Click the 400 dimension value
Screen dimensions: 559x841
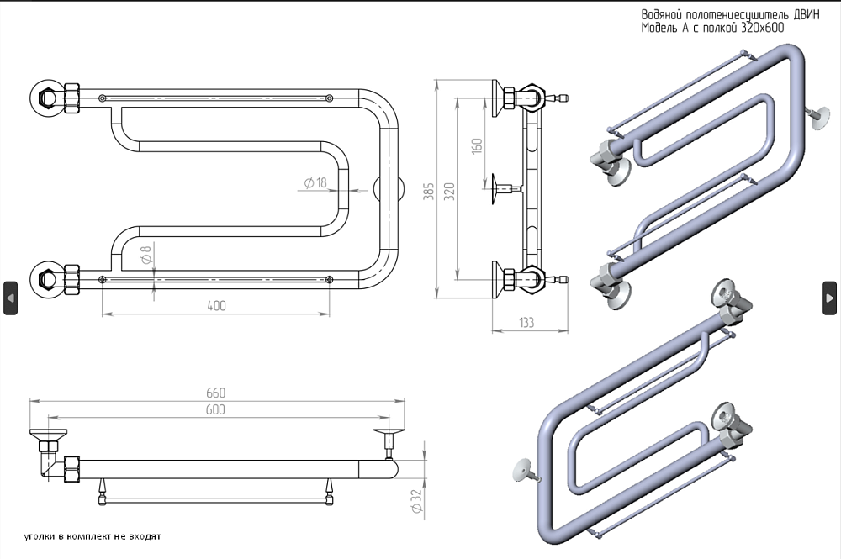tap(216, 305)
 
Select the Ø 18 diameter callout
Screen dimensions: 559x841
tap(315, 183)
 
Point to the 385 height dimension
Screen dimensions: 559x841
tap(428, 192)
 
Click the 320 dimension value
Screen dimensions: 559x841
tap(449, 192)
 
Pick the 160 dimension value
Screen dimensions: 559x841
tap(477, 144)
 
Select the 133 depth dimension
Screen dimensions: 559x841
tap(526, 322)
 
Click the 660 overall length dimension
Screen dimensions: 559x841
tap(215, 393)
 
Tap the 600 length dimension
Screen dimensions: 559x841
tap(215, 409)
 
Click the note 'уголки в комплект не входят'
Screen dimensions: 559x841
tap(93, 536)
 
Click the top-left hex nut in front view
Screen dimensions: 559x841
tap(47, 98)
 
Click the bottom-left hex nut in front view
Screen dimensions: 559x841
tap(47, 278)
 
